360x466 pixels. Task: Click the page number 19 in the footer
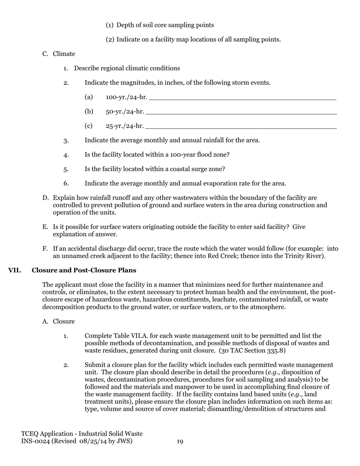180,441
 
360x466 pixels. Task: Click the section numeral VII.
15,271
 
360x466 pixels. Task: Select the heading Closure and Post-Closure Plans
84,271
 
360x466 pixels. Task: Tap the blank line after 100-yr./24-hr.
243,98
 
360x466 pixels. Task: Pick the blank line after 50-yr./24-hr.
241,112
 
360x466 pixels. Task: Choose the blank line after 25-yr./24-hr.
241,127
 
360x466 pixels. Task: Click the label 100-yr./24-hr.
127,97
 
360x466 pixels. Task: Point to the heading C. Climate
59,54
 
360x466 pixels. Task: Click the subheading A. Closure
59,322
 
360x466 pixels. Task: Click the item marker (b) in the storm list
89,112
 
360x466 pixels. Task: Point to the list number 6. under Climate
66,184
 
